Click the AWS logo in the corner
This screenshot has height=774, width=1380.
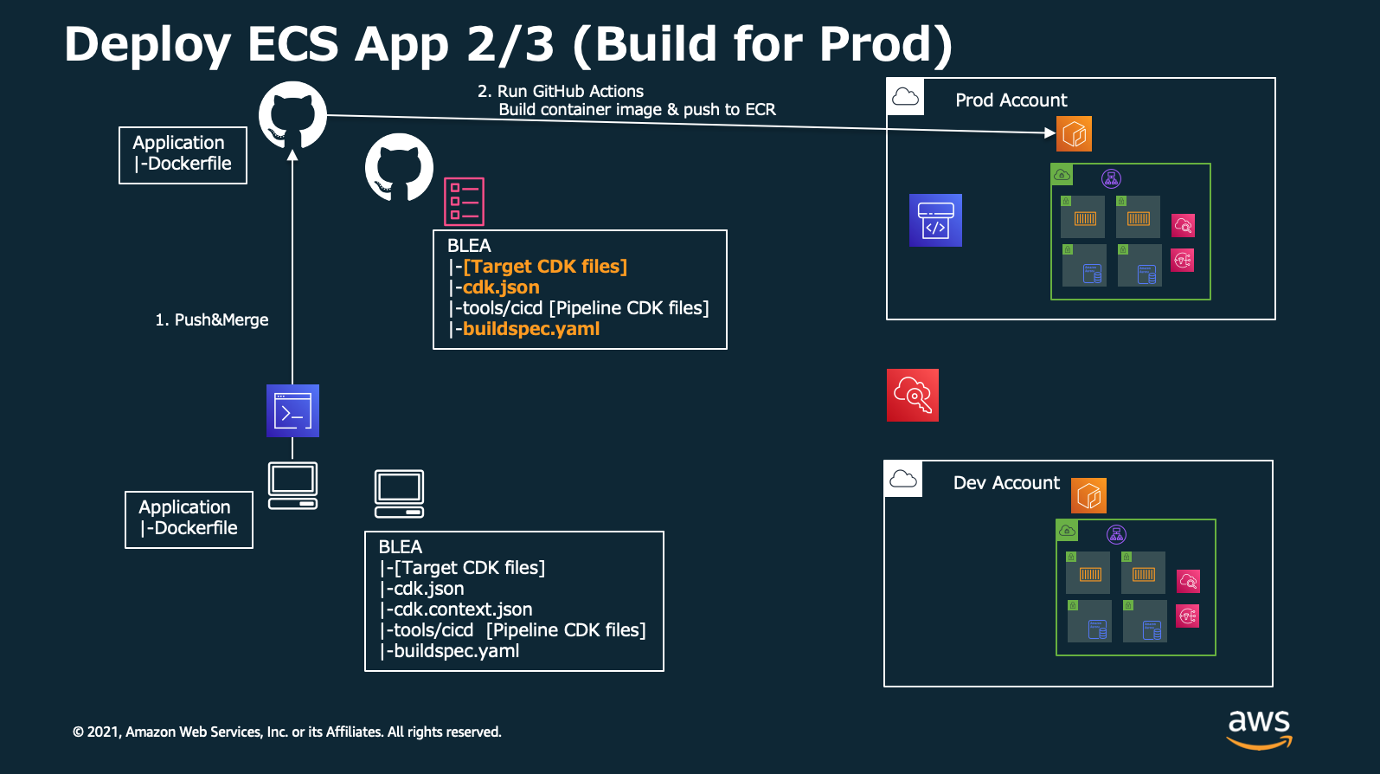pyautogui.click(x=1259, y=729)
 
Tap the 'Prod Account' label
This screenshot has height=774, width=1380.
pyautogui.click(x=1011, y=100)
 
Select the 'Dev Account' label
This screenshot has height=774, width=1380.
pyautogui.click(x=1006, y=482)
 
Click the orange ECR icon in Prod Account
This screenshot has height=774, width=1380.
pyautogui.click(x=1074, y=133)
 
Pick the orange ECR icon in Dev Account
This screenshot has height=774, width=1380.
pyautogui.click(x=1088, y=495)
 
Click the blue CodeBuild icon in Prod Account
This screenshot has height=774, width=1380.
pyautogui.click(x=935, y=220)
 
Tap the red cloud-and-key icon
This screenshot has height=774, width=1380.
pyautogui.click(x=913, y=395)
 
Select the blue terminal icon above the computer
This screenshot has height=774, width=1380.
pyautogui.click(x=292, y=410)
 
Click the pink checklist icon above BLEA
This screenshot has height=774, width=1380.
pyautogui.click(x=464, y=202)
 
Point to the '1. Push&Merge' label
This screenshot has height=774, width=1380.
pyautogui.click(x=211, y=319)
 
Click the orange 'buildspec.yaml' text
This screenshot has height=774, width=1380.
pyautogui.click(x=531, y=329)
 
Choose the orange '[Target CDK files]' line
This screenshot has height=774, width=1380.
pyautogui.click(x=545, y=266)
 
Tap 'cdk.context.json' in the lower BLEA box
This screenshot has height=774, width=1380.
pyautogui.click(x=463, y=609)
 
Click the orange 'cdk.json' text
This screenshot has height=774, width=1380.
pyautogui.click(x=501, y=287)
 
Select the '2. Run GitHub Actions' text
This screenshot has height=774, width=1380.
pyautogui.click(x=561, y=91)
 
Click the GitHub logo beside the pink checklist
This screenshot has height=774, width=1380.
pyautogui.click(x=399, y=167)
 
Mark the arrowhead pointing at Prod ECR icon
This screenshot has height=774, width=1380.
pyautogui.click(x=1050, y=132)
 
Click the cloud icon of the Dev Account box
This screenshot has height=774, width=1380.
pyautogui.click(x=903, y=479)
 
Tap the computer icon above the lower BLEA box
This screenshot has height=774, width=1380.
pyautogui.click(x=399, y=493)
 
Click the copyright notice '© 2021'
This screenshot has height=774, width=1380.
pyautogui.click(x=96, y=732)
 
